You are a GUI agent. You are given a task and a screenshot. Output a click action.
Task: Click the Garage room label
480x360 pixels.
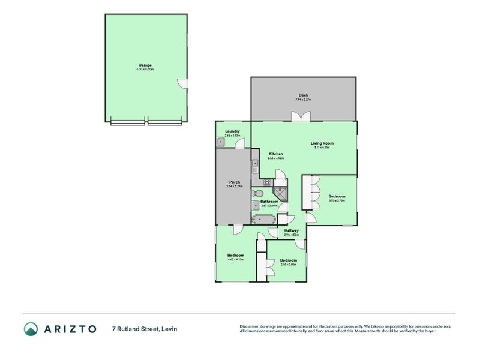click(145, 65)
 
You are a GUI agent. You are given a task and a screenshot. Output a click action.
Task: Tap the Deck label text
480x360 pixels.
click(303, 95)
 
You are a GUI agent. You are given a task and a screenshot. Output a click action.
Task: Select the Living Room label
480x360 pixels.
click(322, 143)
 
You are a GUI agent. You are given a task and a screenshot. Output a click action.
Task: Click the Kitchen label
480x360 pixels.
click(275, 154)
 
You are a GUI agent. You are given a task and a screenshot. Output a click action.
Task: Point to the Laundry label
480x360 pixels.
click(232, 131)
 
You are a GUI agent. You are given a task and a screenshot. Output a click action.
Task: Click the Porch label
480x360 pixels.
click(234, 182)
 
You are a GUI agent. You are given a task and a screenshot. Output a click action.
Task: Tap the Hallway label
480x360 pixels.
click(291, 230)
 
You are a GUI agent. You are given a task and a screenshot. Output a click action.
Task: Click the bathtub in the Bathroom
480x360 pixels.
click(264, 218)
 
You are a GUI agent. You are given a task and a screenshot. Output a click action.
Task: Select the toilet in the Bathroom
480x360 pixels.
click(257, 194)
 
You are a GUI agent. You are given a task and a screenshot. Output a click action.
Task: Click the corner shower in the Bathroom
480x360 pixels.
click(280, 192)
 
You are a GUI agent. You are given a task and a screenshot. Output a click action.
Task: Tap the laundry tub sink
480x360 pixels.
click(220, 142)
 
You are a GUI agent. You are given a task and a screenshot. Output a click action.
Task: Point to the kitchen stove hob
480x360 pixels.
click(267, 182)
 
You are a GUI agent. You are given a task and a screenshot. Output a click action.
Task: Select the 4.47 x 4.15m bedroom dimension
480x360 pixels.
click(235, 259)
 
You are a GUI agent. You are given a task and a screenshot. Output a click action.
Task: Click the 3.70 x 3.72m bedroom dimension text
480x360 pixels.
click(336, 200)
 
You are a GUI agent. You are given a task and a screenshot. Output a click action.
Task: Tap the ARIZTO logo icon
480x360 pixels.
click(31, 328)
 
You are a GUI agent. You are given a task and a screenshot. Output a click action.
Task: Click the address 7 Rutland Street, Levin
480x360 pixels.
click(144, 328)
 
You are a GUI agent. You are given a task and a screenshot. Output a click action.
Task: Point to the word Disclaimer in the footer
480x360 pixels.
click(250, 326)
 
